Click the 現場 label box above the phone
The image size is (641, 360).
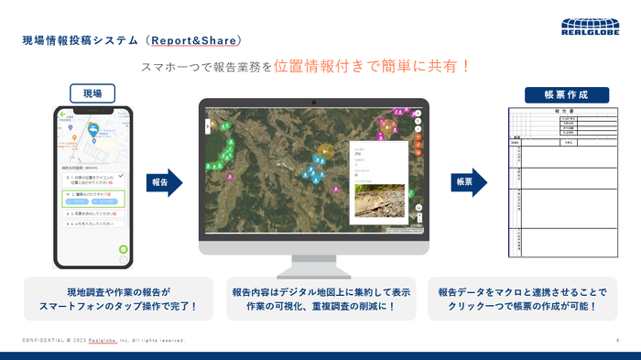[92, 93]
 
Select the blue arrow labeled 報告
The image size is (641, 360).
[163, 182]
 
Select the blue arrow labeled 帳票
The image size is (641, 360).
[468, 182]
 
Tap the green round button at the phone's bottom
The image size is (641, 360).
[123, 249]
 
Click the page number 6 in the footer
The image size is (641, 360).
[617, 340]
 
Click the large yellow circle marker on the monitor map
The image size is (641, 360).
[322, 149]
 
